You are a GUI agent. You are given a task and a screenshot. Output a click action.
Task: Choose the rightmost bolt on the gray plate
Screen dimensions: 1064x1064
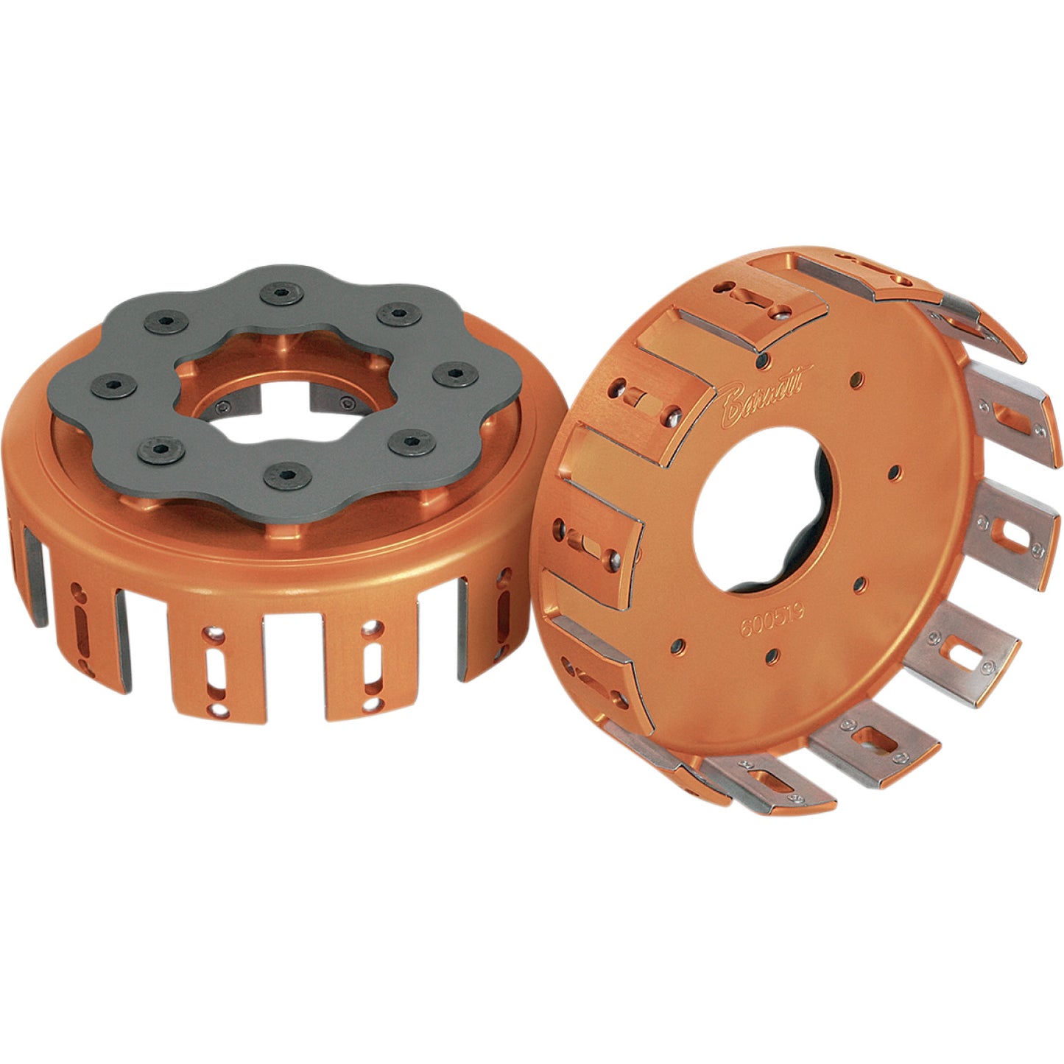450,374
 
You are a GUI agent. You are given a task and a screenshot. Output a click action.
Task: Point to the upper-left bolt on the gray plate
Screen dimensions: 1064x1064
161,320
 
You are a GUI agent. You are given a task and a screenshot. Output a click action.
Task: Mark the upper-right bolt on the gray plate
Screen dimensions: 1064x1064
396,314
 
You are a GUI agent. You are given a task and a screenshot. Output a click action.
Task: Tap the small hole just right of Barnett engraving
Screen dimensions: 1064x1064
855,379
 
